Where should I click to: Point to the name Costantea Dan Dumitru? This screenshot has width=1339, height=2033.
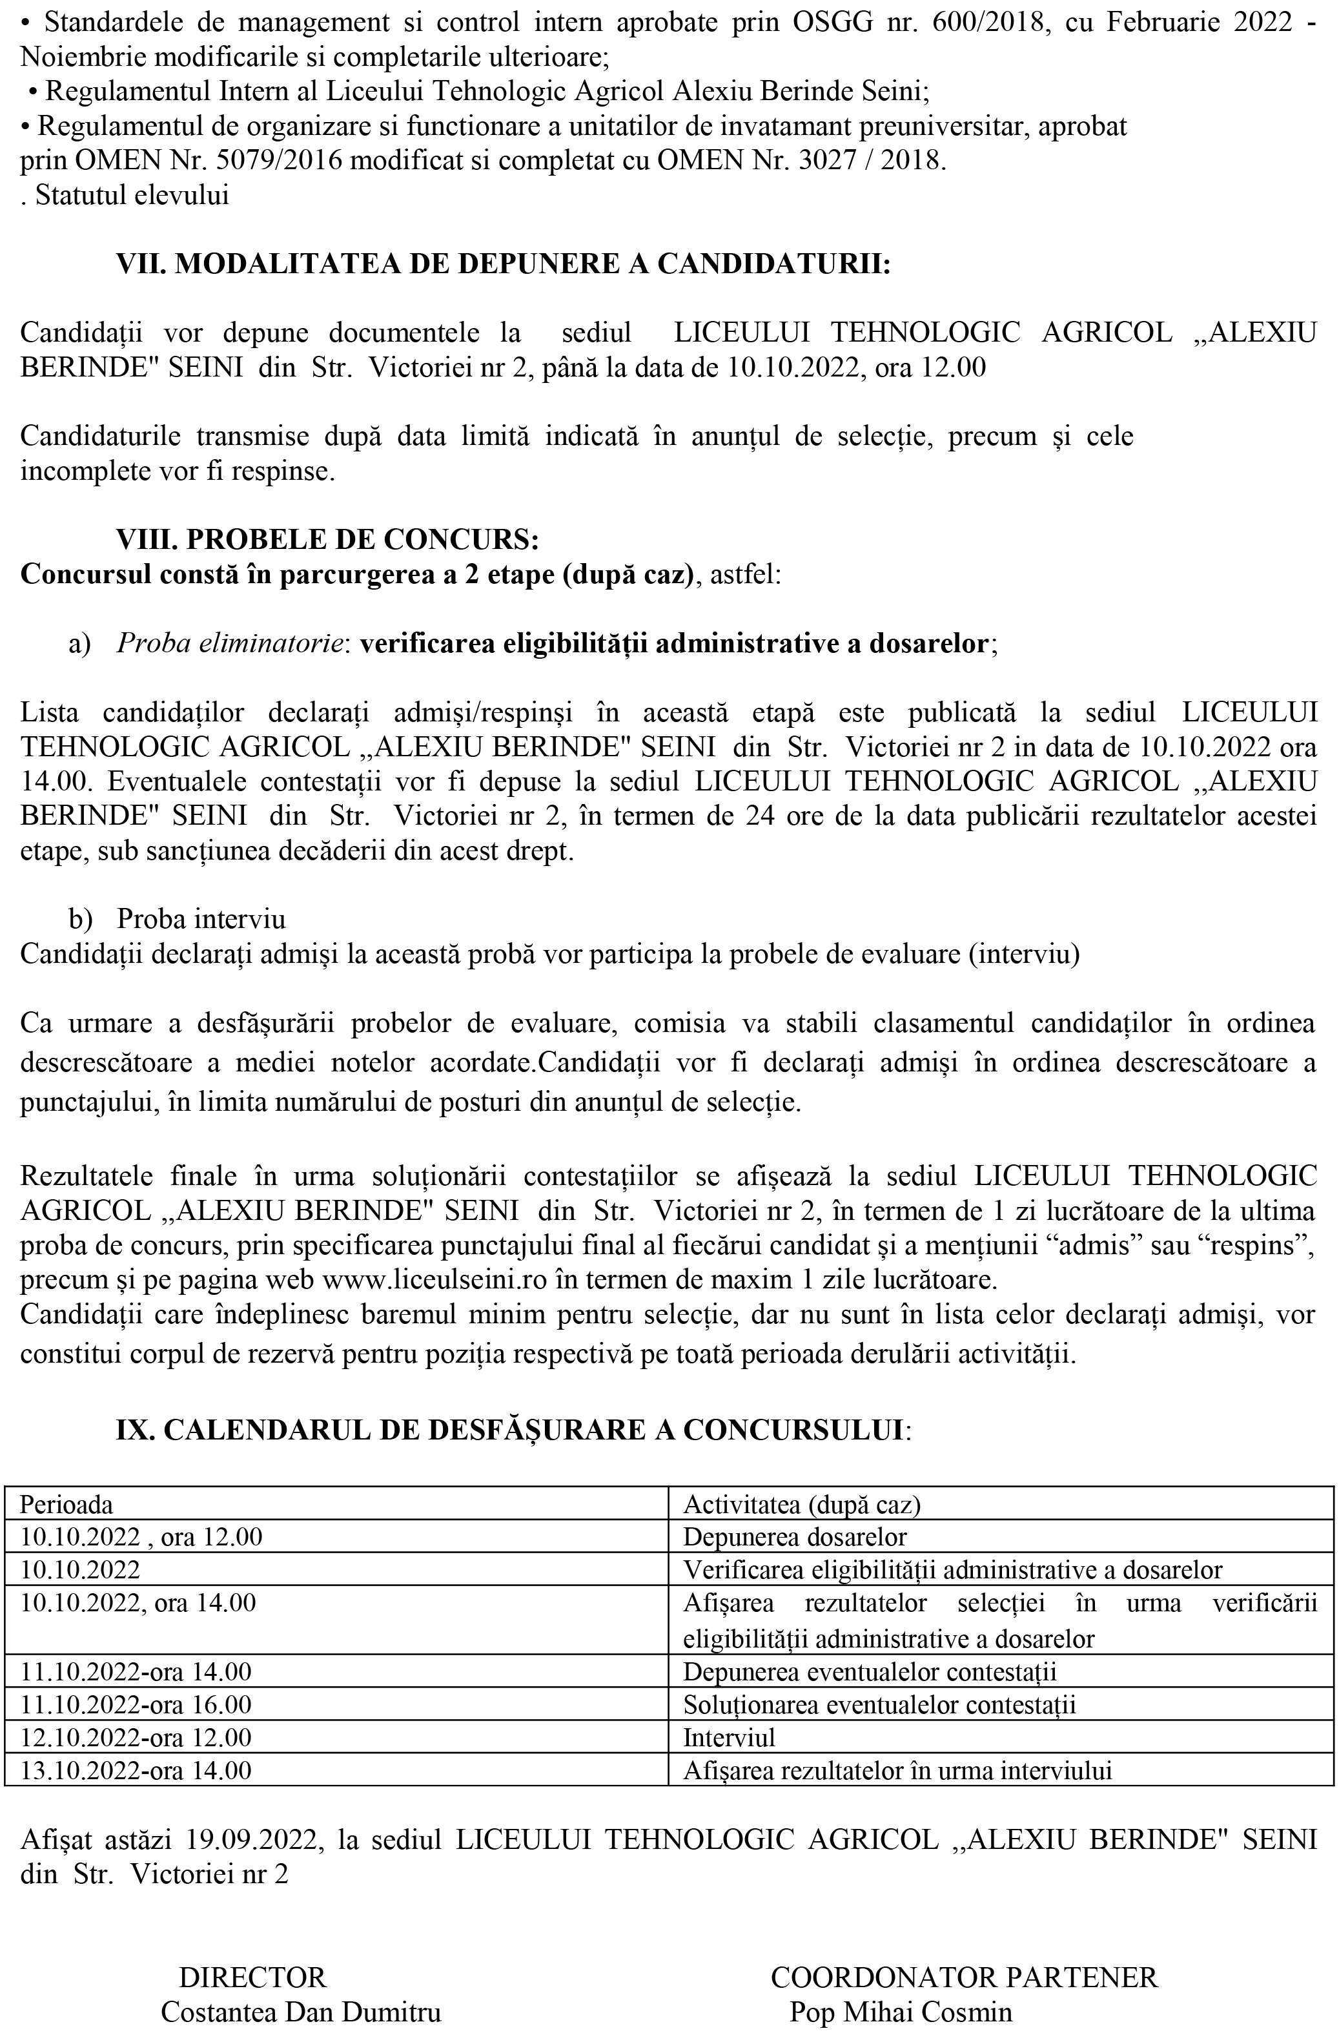pos(301,2012)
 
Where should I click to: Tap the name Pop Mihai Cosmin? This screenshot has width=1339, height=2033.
pos(900,2012)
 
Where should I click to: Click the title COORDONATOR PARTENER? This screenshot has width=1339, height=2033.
pos(963,1977)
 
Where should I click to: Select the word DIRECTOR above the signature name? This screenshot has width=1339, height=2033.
pos(253,1977)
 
